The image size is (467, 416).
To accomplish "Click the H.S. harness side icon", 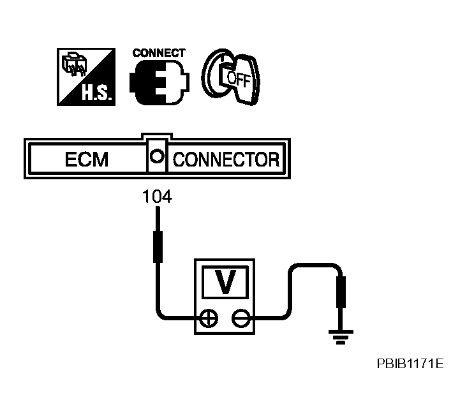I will (85, 76).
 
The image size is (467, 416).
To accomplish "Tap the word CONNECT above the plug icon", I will (159, 53).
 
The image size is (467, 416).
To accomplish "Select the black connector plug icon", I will (159, 83).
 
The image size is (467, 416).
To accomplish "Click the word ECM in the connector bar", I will (87, 159).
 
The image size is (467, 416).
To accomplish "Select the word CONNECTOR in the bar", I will (226, 159).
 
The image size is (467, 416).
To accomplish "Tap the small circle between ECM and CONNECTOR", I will (157, 156).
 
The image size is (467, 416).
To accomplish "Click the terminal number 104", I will (157, 198).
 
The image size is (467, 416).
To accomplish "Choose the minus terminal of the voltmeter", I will (239, 317).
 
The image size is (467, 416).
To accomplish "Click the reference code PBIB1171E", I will (409, 364).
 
